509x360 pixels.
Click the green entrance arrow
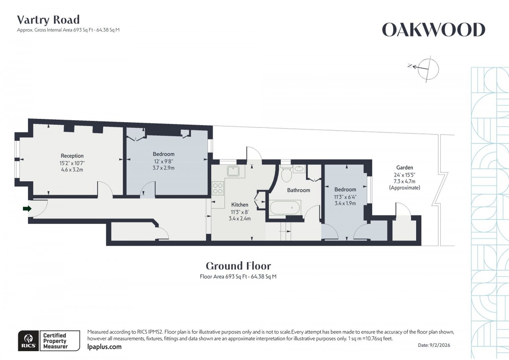(27, 208)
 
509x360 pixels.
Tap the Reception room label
(72, 156)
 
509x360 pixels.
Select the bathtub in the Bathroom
(285, 208)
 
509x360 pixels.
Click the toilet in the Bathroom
(285, 173)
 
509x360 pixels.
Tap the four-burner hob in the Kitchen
(218, 188)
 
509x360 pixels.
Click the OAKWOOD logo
(433, 30)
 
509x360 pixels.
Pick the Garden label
(404, 168)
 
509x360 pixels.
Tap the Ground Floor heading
(238, 266)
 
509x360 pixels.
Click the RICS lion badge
(28, 340)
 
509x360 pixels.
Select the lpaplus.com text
(104, 347)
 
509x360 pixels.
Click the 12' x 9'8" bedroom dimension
(163, 161)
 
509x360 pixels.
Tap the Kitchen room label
(240, 205)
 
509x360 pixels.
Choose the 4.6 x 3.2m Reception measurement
(72, 169)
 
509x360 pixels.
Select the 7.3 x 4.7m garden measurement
(404, 181)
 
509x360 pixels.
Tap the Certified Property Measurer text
(55, 341)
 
